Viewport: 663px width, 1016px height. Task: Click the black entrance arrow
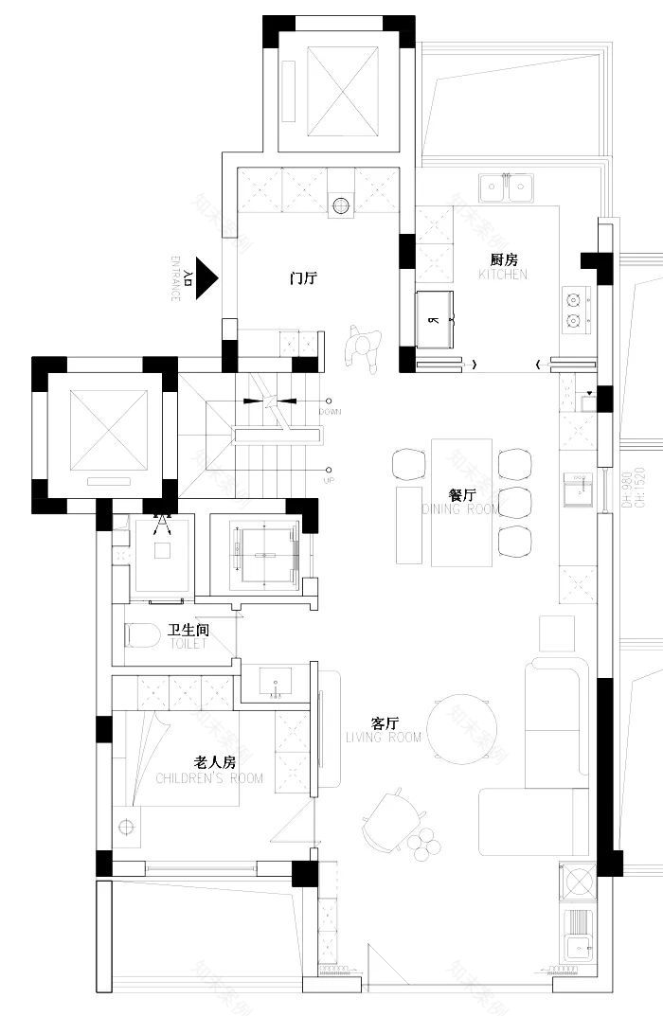click(206, 278)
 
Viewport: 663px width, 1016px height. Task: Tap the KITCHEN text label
click(502, 275)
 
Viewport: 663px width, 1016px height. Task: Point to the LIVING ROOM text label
click(384, 737)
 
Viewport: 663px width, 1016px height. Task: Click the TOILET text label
click(188, 643)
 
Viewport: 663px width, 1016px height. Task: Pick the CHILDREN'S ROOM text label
click(209, 778)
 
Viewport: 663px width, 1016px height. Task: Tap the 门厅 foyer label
click(303, 277)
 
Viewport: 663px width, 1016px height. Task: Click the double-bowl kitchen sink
click(505, 188)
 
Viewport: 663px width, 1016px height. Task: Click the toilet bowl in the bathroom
click(143, 635)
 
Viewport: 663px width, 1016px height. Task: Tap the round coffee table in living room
click(462, 729)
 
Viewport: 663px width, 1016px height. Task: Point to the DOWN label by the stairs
click(331, 412)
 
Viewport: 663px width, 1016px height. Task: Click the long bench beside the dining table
click(408, 524)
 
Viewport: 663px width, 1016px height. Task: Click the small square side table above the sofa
click(556, 633)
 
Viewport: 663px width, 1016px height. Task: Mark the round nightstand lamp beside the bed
click(126, 826)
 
